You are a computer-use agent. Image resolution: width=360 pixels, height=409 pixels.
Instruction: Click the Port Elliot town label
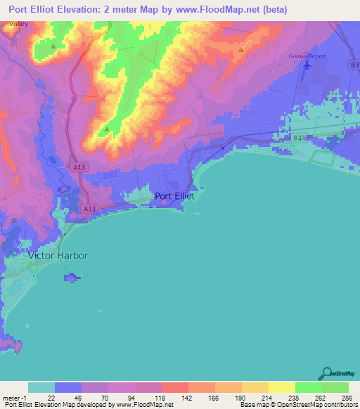[174, 196]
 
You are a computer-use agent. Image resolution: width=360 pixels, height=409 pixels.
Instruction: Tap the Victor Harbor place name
[58, 256]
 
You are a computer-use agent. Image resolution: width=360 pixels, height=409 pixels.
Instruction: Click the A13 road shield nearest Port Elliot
[88, 209]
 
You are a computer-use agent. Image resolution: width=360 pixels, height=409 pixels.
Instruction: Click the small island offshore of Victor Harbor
[71, 279]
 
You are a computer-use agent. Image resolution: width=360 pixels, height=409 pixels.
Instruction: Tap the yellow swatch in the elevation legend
[281, 387]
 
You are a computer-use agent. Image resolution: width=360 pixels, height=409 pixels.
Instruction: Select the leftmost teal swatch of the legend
[41, 387]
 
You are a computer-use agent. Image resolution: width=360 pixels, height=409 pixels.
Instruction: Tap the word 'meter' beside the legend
[11, 398]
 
